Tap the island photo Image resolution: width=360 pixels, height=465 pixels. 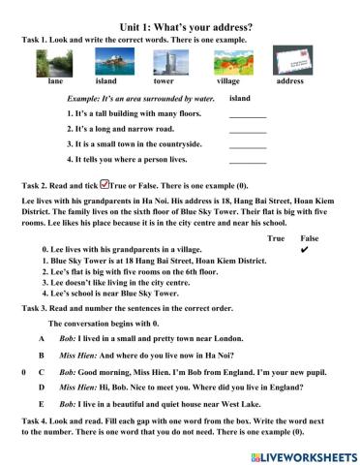(105, 63)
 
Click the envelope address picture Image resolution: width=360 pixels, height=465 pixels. (288, 63)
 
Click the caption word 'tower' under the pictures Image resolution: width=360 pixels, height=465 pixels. (164, 82)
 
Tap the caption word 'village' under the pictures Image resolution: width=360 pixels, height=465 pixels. (227, 82)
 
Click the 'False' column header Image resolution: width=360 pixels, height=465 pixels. (309, 237)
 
